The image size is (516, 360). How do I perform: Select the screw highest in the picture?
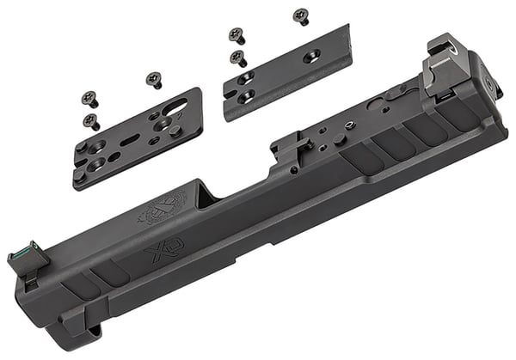point(300,15)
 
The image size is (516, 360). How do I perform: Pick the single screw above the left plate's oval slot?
point(155,81)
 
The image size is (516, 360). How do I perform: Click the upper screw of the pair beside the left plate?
point(89,101)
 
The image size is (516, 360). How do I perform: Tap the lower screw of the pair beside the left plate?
point(92,121)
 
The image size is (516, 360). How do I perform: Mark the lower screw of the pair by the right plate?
point(239,59)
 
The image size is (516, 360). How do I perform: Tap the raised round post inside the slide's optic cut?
point(341,138)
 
